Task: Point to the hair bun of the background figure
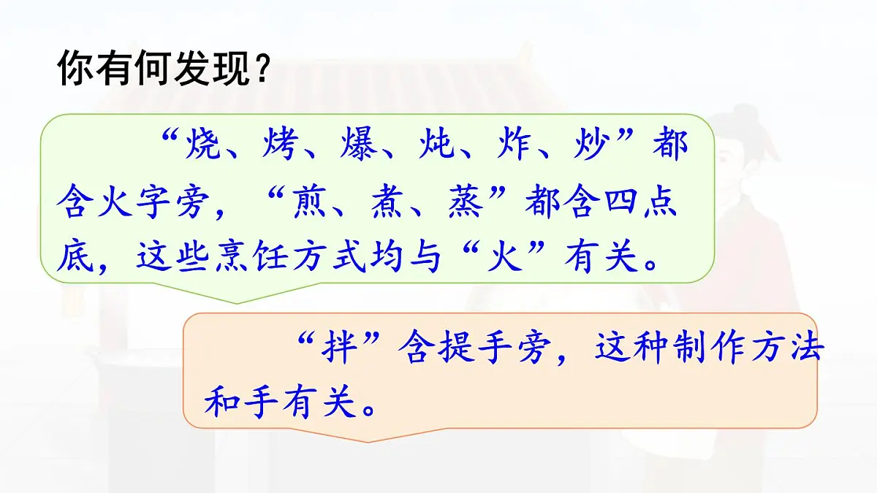pyautogui.click(x=738, y=117)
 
